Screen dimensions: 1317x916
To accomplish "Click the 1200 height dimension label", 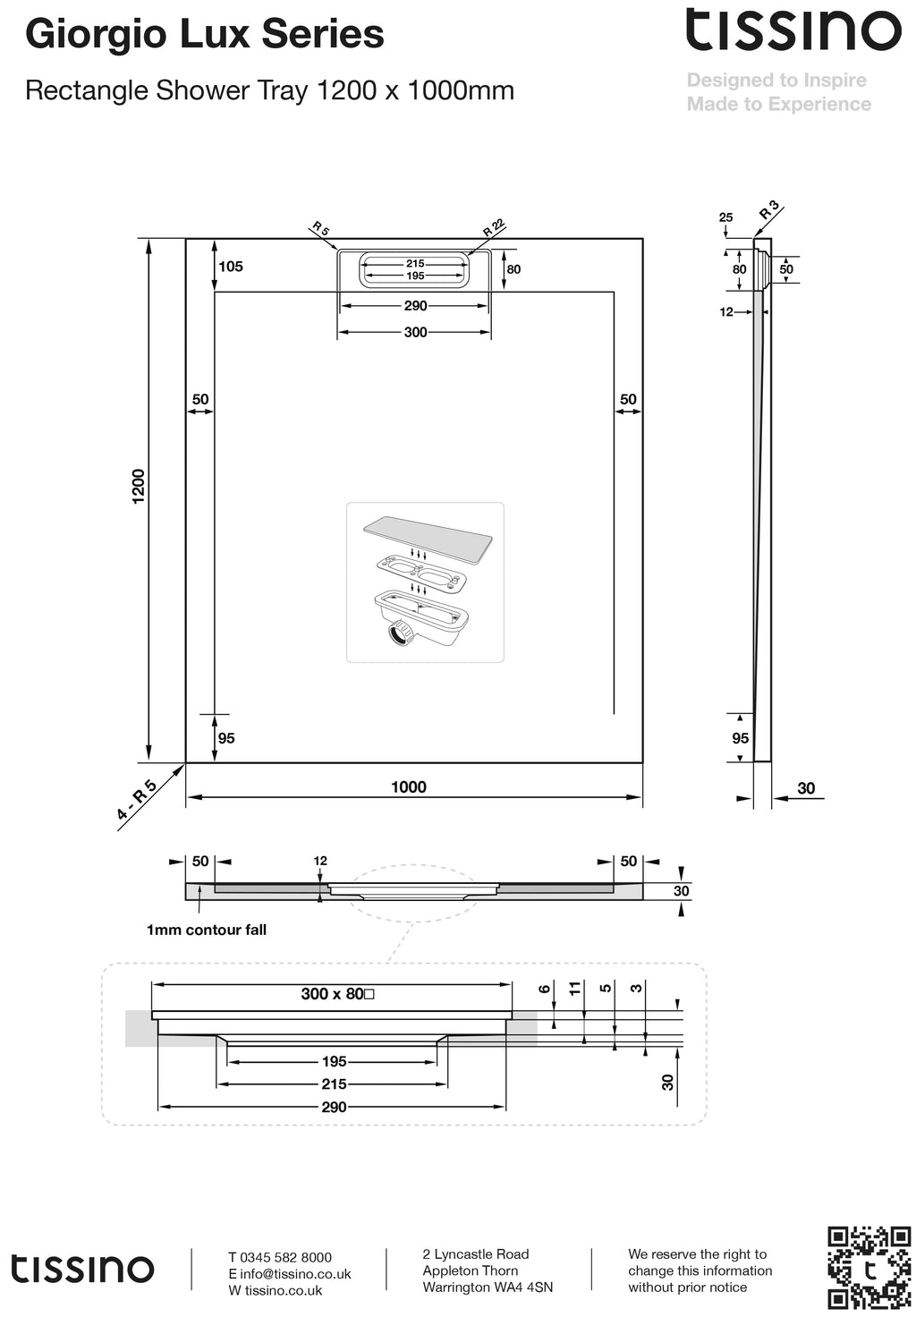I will point(138,486).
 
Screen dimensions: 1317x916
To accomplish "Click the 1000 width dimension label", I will point(409,787).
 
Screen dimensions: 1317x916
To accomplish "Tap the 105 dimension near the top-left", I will point(230,267).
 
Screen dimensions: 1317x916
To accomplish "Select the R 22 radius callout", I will point(494,228).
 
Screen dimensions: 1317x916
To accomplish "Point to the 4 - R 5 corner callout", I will point(137,801).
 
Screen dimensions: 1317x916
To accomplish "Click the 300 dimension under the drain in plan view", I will point(415,333).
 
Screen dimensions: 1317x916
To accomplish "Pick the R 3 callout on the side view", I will point(768,211).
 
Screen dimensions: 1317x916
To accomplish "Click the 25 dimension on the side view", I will point(725,217).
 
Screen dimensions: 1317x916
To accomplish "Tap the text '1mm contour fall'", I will point(207,930).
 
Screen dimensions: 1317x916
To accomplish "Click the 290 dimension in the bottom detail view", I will point(334,1107).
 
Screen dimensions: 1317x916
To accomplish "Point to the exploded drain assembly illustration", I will point(425,582).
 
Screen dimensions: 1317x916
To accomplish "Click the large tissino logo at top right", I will point(793,30).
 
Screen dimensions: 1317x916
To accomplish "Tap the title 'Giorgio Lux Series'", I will point(205,35).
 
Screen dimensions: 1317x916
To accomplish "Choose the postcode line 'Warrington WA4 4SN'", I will point(488,1287).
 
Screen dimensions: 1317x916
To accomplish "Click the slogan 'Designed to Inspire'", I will point(776,81).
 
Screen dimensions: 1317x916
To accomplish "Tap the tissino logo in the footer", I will point(82,1269).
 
